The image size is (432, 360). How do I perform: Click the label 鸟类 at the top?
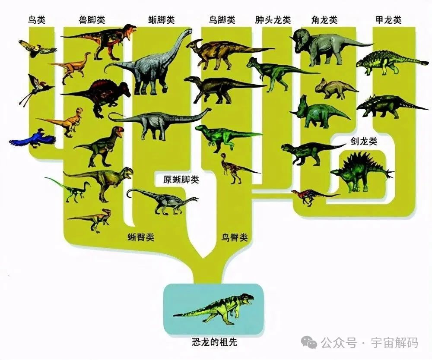(x=37, y=20)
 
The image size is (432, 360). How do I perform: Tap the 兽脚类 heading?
(x=92, y=20)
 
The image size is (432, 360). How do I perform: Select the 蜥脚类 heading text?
(x=162, y=20)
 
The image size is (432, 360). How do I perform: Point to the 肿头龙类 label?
(x=273, y=20)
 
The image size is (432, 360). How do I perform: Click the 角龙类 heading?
(x=324, y=20)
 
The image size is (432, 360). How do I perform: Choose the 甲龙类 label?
(x=388, y=20)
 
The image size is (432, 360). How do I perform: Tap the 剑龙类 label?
(x=364, y=142)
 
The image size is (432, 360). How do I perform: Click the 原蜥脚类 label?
(x=181, y=180)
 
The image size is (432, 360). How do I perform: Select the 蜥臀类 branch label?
(x=141, y=237)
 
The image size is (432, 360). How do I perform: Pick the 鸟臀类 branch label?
(x=235, y=237)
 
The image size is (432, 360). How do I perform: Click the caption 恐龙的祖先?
(x=214, y=342)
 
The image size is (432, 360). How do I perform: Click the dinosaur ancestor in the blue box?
(x=213, y=308)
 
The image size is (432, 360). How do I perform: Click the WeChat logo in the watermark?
(x=309, y=343)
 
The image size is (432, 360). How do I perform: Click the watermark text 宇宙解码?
(x=394, y=343)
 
